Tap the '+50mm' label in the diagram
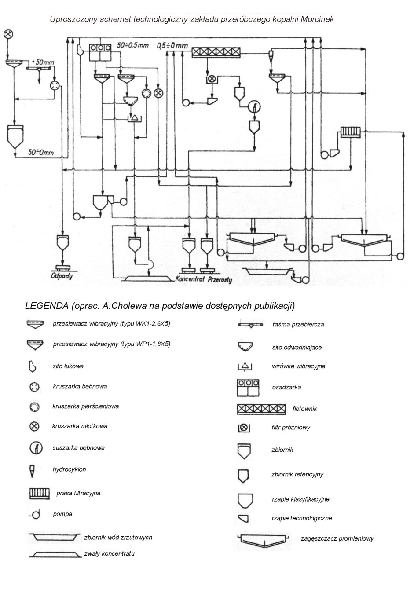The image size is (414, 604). point(43,62)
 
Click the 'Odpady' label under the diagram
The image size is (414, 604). point(61,276)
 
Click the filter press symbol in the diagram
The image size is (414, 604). point(351,132)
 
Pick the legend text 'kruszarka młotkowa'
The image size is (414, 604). point(80,426)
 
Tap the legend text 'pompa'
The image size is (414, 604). point(62,514)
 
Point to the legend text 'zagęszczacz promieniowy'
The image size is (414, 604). point(337,538)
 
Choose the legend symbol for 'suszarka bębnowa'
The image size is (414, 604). point(35,448)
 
